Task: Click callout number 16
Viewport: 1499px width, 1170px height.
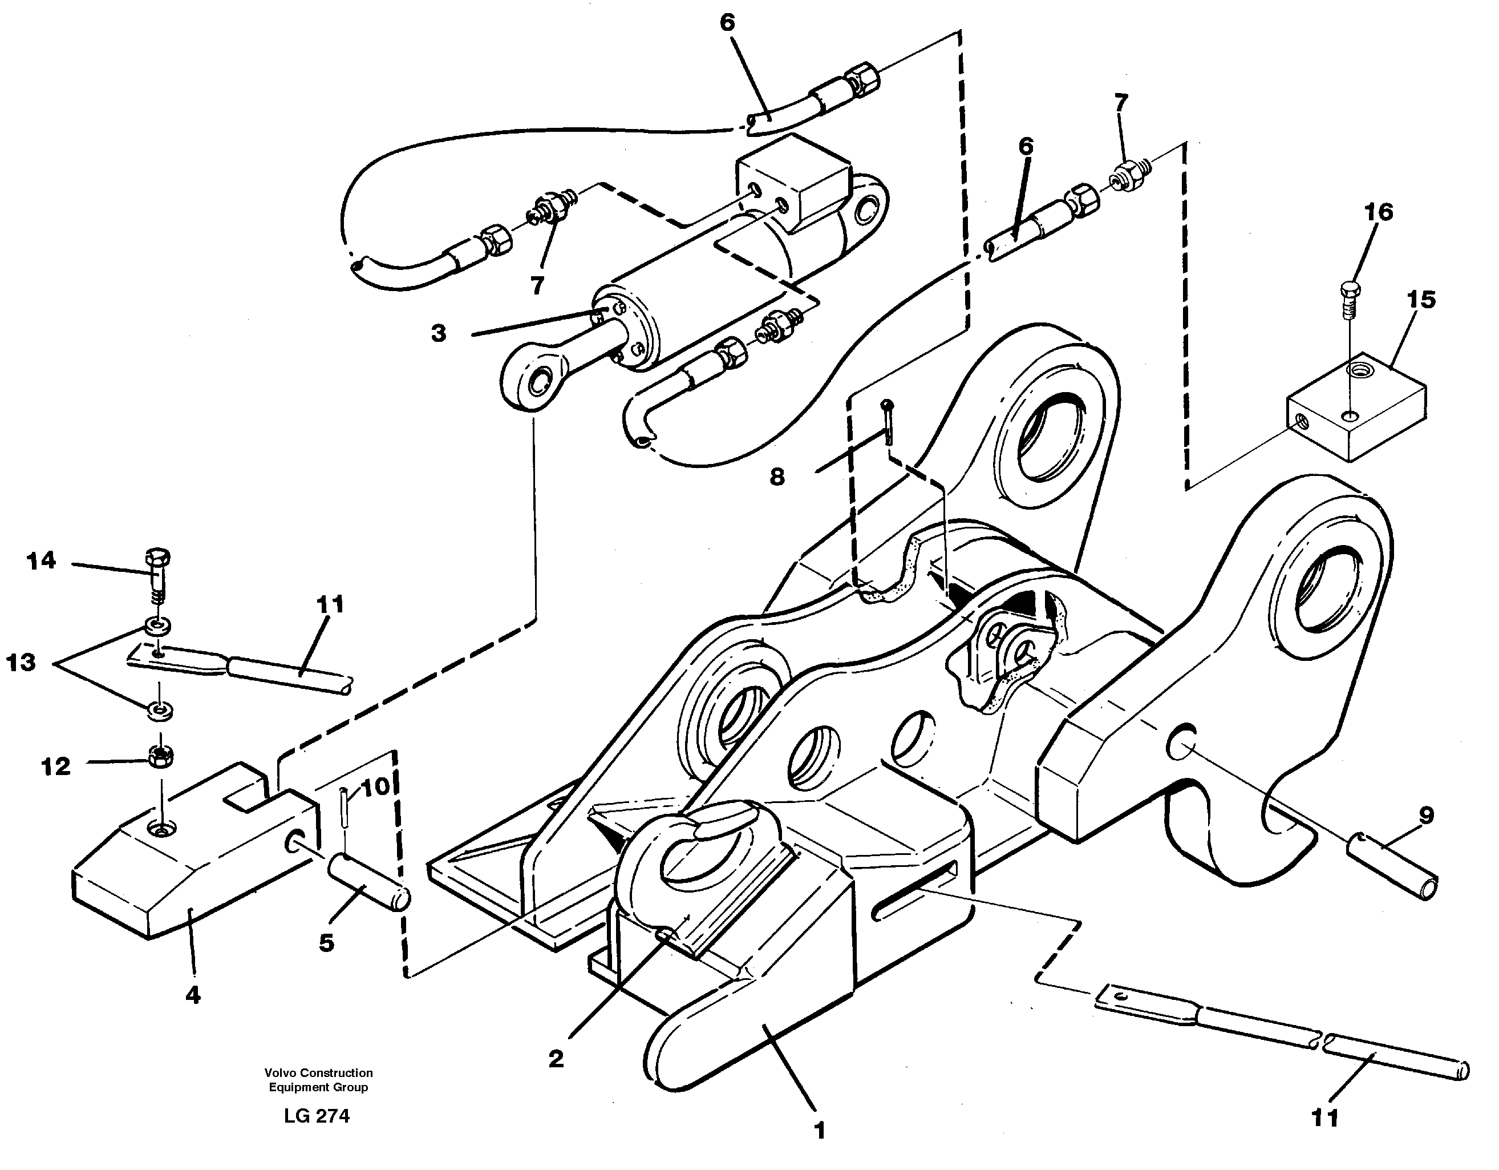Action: click(x=1379, y=212)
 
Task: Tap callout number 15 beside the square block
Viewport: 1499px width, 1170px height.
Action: click(x=1421, y=300)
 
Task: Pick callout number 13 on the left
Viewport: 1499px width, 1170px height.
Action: click(x=21, y=663)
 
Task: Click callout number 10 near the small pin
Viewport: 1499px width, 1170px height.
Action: click(x=375, y=788)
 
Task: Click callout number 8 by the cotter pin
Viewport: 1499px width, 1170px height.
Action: click(x=776, y=477)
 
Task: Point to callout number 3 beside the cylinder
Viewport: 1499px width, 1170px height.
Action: click(x=439, y=334)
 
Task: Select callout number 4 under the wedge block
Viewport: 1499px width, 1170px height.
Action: click(x=193, y=994)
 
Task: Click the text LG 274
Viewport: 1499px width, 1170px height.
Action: click(x=317, y=1116)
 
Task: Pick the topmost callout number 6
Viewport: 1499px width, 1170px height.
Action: click(x=727, y=23)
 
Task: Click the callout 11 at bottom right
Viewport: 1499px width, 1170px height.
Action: click(x=1324, y=1119)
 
